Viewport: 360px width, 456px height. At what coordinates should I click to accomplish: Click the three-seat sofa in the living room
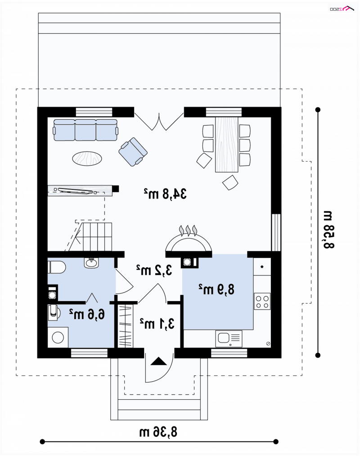(85, 130)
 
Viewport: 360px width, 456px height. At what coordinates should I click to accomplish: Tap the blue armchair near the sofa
(133, 152)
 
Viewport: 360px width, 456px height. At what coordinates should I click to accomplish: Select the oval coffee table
(87, 158)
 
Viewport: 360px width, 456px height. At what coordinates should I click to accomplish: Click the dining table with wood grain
(226, 144)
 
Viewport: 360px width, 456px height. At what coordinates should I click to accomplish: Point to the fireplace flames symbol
(188, 230)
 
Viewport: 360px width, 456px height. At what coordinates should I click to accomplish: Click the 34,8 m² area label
(165, 194)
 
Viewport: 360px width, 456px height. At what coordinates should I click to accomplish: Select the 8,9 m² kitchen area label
(216, 289)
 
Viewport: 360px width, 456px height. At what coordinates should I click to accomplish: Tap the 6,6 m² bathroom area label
(87, 314)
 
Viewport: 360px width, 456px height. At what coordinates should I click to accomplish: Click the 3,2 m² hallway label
(154, 270)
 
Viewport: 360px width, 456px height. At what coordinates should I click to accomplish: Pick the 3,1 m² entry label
(157, 323)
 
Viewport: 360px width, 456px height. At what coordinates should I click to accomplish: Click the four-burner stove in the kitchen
(262, 301)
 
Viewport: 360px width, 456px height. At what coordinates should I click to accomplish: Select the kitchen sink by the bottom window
(229, 339)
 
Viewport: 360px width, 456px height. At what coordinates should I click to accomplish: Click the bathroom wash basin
(91, 262)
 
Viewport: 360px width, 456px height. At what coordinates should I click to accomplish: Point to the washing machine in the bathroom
(58, 337)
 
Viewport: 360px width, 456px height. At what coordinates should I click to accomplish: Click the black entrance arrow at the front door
(159, 361)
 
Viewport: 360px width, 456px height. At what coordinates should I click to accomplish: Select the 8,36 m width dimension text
(158, 432)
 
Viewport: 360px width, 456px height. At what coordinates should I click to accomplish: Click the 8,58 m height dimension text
(328, 230)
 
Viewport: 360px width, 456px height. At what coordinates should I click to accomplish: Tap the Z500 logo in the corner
(342, 9)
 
